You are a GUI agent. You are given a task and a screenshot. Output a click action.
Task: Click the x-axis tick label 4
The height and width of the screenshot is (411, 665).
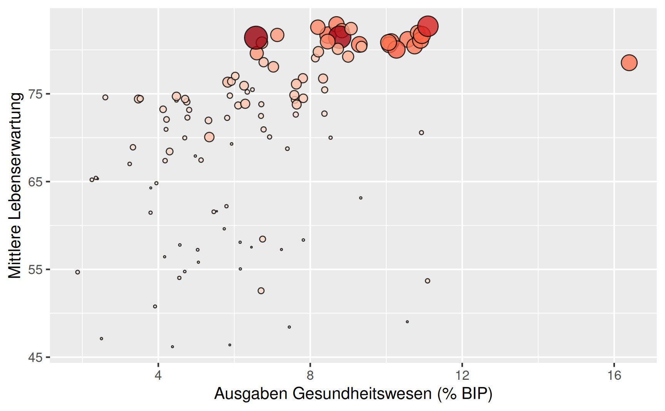pos(158,375)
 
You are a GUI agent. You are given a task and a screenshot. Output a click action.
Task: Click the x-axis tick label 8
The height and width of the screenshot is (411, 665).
pos(310,375)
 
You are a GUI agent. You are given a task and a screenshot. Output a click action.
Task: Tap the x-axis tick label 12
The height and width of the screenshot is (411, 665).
pos(462,375)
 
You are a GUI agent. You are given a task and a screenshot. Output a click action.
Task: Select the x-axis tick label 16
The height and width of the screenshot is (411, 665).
pos(614,375)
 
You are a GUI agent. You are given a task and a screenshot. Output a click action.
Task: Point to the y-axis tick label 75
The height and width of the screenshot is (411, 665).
pos(35,94)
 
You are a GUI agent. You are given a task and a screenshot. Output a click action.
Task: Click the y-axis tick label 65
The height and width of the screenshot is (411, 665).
pos(35,182)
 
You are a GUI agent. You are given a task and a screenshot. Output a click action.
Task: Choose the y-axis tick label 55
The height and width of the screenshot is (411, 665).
pos(35,270)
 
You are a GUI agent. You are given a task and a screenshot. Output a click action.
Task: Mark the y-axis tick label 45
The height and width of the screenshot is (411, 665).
pos(35,357)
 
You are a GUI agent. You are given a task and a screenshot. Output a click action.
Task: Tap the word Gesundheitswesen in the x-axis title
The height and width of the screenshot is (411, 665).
pos(362,394)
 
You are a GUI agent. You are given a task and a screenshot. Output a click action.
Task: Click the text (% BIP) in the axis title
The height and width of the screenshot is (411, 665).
pos(465,394)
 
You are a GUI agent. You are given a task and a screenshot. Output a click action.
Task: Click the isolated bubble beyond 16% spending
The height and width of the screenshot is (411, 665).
pos(629,62)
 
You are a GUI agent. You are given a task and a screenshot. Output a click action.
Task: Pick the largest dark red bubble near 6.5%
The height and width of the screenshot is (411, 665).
pos(256,37)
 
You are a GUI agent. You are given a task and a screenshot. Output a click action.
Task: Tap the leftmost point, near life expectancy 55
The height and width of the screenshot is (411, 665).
pos(78,272)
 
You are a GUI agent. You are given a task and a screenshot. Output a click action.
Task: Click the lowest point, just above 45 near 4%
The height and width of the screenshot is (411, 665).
pos(172,347)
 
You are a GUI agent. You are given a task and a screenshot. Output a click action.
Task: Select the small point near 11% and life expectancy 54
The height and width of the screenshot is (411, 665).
pos(428,281)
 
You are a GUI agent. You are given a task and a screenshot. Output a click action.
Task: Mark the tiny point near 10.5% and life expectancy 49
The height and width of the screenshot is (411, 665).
pos(407,322)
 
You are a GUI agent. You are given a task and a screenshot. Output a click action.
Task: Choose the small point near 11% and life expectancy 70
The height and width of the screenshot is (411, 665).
pos(421,133)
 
